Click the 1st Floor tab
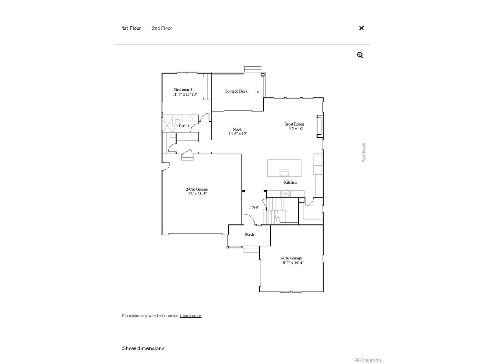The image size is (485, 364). tap(131, 28)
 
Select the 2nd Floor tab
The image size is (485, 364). tap(162, 28)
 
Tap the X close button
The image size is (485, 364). tap(361, 28)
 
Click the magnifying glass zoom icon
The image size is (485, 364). tap(360, 55)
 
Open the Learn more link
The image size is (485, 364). tap(191, 315)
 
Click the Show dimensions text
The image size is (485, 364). tap(143, 348)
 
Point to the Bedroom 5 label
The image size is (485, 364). tap(183, 89)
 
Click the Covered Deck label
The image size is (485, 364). tap(236, 91)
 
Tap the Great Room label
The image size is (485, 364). tap(294, 124)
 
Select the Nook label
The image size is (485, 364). tap(237, 130)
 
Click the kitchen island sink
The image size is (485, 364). tap(284, 173)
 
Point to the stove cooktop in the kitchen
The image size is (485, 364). tap(285, 194)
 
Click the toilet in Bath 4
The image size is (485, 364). tap(177, 121)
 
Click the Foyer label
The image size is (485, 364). tap(254, 207)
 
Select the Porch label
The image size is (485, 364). tap(249, 234)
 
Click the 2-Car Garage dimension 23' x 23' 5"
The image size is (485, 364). tap(197, 194)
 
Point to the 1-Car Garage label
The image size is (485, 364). tap(291, 258)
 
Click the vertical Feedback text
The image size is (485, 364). tap(364, 152)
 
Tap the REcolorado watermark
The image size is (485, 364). tap(368, 361)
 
